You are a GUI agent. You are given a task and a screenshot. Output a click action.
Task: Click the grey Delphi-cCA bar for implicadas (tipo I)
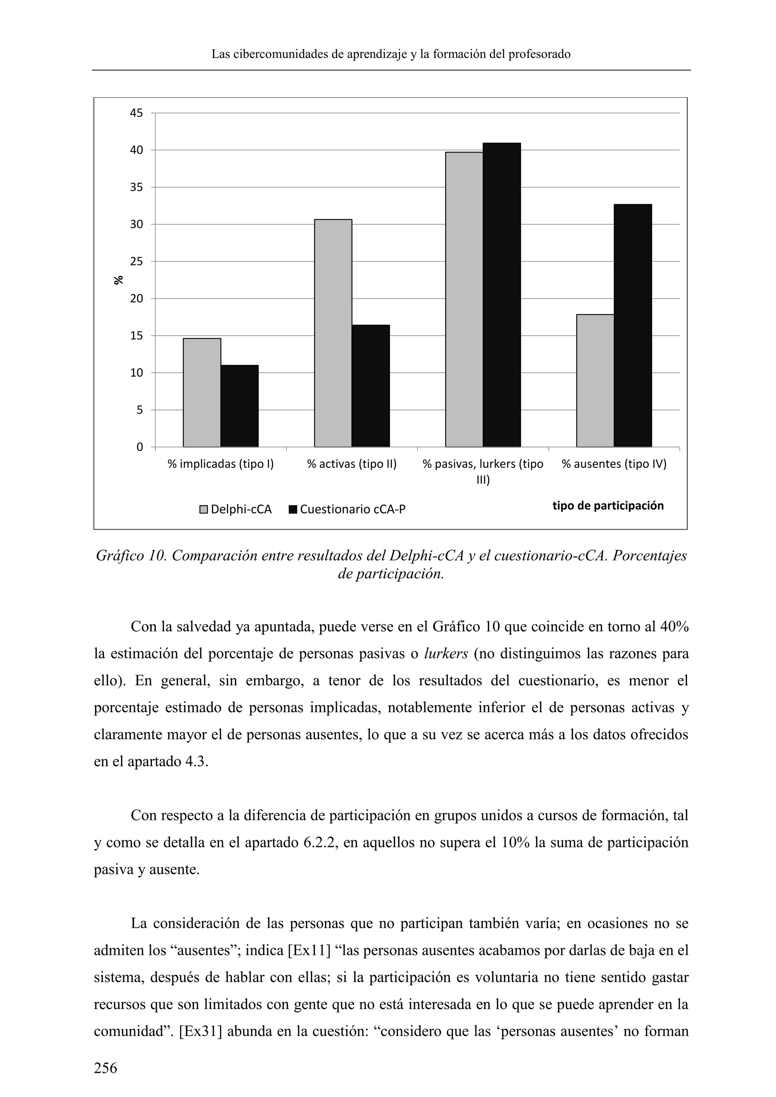click(x=202, y=393)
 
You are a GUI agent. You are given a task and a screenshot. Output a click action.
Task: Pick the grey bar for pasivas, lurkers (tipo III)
click(x=464, y=300)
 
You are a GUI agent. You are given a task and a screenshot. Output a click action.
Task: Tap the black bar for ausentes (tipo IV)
click(x=633, y=326)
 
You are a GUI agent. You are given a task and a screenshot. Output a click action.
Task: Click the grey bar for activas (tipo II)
click(x=333, y=333)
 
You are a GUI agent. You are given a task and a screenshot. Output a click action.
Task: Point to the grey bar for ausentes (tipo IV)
click(x=595, y=381)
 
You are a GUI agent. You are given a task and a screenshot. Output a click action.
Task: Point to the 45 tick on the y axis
click(x=136, y=113)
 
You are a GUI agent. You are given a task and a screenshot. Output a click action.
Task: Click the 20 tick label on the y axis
click(x=136, y=298)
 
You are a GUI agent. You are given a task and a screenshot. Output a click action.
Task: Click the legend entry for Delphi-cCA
click(x=236, y=509)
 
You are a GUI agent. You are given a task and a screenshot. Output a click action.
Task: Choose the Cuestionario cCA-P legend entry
click(x=347, y=509)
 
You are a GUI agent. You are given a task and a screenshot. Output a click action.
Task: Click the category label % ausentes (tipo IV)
click(x=614, y=464)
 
